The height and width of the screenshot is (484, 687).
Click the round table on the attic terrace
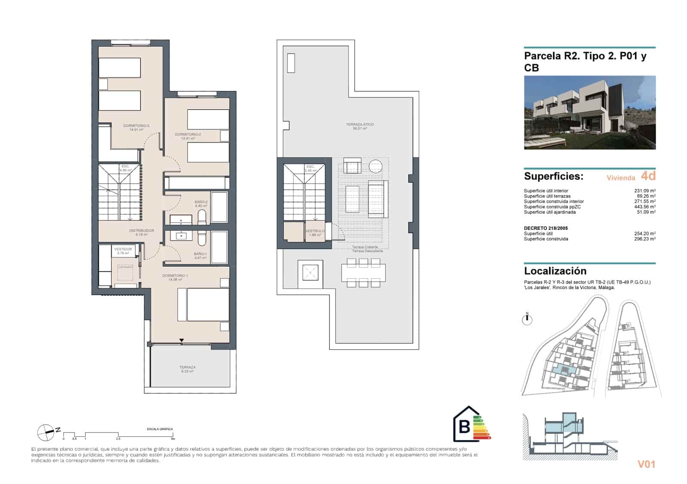376,166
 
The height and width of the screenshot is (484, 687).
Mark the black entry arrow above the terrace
182,341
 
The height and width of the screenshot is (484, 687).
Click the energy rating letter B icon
465,426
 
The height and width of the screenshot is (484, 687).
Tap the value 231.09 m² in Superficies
644,191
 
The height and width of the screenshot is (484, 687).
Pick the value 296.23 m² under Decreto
644,239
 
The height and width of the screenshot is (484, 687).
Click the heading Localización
555,271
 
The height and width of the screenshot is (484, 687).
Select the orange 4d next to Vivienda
648,176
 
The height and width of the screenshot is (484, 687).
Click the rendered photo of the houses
590,113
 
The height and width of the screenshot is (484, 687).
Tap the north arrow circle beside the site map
527,319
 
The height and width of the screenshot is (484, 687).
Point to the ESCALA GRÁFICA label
160,429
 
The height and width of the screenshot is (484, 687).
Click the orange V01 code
646,464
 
